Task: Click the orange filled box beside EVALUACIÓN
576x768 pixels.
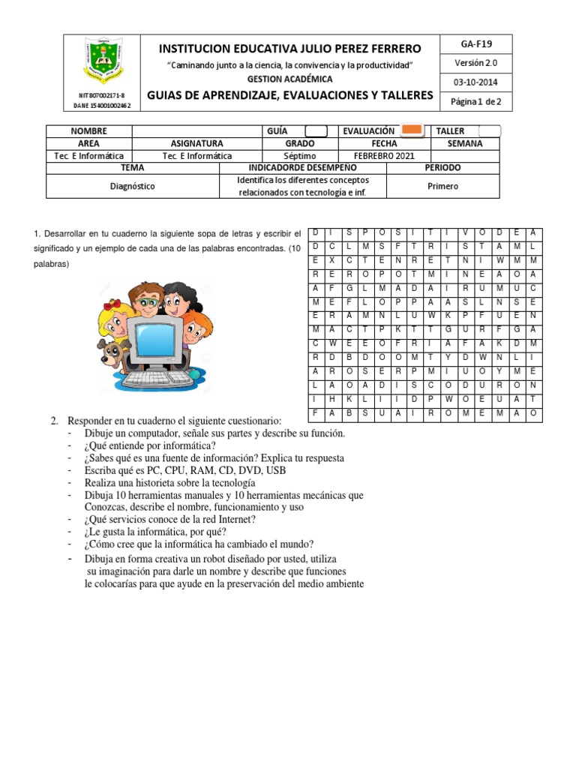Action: coord(414,130)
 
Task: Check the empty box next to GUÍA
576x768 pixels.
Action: coord(316,130)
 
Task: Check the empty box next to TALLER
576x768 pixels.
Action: coord(488,131)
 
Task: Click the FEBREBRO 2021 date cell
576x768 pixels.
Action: coord(384,155)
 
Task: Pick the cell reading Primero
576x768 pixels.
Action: coord(442,186)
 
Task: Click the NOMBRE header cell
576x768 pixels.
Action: coord(89,130)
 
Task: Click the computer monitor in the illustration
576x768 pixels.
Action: coord(154,338)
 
